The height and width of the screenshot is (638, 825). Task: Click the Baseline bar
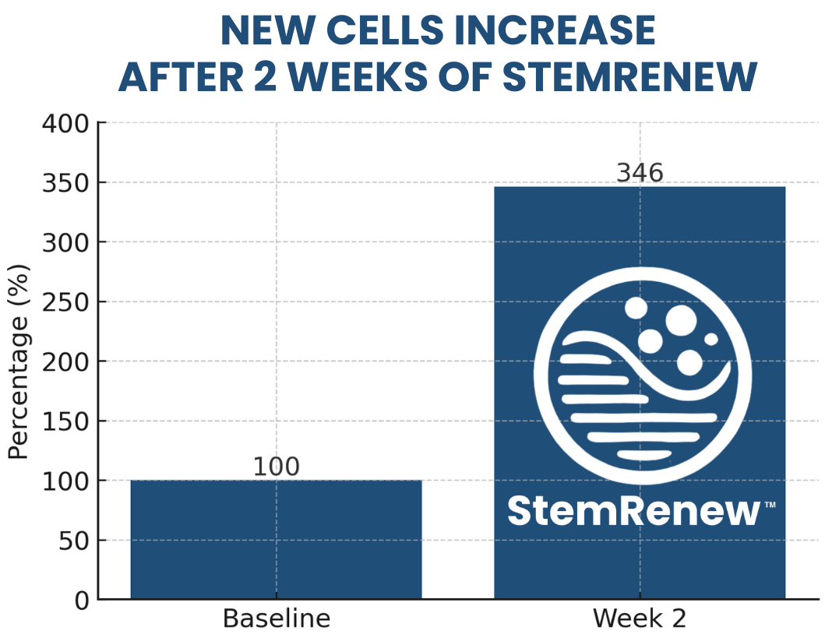[276, 539]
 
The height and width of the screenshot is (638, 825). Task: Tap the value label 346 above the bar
[640, 173]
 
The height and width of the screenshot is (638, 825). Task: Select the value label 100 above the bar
[276, 467]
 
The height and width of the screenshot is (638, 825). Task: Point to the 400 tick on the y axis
[69, 123]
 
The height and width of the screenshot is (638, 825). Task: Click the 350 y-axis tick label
[69, 183]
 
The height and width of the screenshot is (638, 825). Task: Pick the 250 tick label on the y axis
[69, 302]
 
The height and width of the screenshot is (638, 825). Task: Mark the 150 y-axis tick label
[69, 421]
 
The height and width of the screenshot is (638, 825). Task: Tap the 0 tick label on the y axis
[83, 601]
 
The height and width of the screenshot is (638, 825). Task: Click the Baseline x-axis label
[276, 619]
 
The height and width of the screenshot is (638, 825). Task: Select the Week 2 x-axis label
[640, 619]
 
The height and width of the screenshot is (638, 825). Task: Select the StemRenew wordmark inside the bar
[633, 511]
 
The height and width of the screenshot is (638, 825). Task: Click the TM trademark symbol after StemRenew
[770, 505]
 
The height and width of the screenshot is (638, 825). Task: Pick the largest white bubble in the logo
[681, 319]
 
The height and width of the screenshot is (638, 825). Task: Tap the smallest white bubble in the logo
[710, 340]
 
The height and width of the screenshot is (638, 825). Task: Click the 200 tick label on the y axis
[69, 361]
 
